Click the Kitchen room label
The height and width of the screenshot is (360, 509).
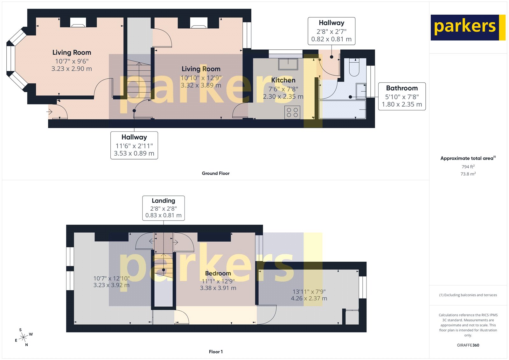point(283,80)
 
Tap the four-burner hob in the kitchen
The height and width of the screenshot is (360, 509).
point(292,112)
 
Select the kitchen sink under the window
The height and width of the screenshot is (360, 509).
point(288,64)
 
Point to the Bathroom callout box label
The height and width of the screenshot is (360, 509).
point(402,88)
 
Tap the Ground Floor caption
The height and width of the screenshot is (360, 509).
point(215,173)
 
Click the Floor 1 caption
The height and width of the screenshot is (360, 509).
point(215,352)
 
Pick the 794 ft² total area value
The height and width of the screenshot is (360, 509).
point(468,167)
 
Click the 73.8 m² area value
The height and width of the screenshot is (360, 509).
point(468,174)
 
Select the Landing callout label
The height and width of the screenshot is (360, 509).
point(163,201)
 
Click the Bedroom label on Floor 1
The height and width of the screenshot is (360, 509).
point(218,273)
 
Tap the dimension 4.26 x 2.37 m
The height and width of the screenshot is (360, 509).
point(309,299)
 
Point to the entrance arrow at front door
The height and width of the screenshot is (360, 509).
point(50,112)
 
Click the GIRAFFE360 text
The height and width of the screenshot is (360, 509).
point(468,345)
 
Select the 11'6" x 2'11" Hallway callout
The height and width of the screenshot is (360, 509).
point(134,145)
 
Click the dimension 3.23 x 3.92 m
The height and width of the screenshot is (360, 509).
point(111,285)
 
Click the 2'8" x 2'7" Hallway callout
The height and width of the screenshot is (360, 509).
point(331,31)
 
